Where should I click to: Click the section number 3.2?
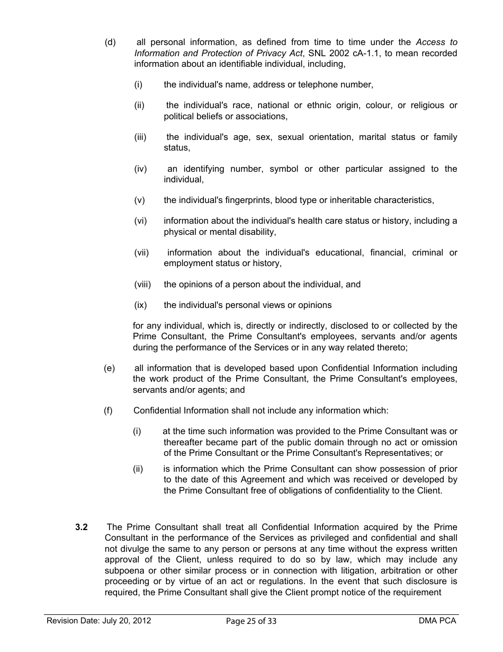(x=82, y=527)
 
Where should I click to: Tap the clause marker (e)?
(x=109, y=368)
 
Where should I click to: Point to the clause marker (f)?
(x=109, y=410)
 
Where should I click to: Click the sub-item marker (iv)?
(x=140, y=169)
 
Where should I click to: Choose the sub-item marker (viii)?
(x=142, y=284)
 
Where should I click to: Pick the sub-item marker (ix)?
(x=140, y=305)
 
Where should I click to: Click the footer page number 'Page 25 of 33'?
(x=251, y=621)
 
